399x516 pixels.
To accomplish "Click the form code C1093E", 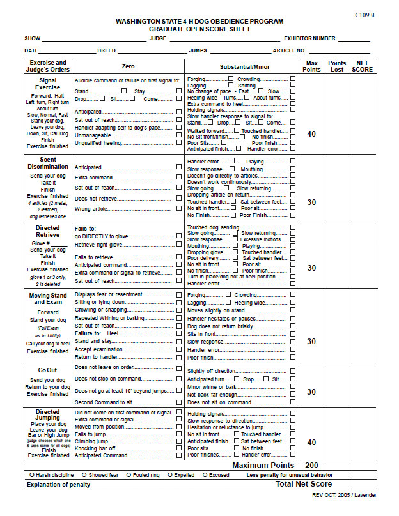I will coord(365,14).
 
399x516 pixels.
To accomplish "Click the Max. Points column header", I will coord(311,66).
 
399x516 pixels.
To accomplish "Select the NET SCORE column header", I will coord(362,66).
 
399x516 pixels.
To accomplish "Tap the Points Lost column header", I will coord(337,66).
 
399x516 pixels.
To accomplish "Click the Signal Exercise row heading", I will coord(48,84).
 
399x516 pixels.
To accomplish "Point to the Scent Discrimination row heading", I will coord(48,163).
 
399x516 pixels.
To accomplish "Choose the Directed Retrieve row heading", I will coord(48,231).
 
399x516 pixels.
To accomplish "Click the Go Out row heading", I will coord(48,370).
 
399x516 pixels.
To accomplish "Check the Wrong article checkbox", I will coord(179,208).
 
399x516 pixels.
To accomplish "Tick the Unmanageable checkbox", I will coord(179,135).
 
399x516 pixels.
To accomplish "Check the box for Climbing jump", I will coord(179,441).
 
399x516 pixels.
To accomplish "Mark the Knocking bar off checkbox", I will coord(179,448).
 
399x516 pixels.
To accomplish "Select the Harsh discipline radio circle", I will coord(32,475).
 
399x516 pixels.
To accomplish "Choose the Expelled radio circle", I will coord(170,475).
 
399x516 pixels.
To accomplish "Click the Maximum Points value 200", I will coord(311,465).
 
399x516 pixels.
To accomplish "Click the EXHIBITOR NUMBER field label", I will coord(309,38).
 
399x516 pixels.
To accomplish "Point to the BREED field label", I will coord(106,50).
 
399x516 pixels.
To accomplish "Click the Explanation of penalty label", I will coord(57,485).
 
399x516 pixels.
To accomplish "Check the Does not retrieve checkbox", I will coord(179,198).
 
